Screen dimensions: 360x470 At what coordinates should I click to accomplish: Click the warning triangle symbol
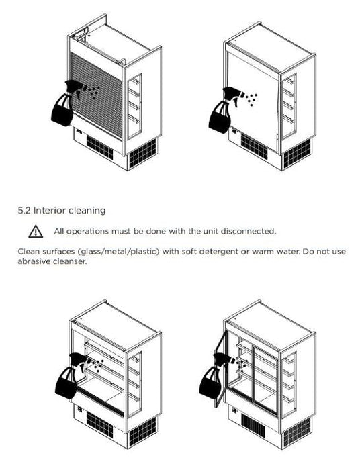(36, 232)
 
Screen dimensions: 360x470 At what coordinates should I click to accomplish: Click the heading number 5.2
(24, 210)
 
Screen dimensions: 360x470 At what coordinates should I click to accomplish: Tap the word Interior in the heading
(50, 210)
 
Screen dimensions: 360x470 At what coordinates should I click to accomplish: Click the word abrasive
(34, 261)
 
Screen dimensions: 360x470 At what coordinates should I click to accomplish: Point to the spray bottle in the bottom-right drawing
(214, 376)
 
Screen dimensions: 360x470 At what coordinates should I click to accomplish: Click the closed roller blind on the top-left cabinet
(97, 95)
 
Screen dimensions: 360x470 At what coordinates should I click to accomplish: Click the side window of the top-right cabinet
(289, 106)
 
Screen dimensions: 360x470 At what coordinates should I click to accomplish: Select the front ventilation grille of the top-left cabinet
(100, 148)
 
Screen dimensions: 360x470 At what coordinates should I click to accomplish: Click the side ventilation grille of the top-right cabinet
(297, 153)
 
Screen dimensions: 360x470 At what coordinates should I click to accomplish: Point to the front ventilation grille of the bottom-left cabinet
(100, 424)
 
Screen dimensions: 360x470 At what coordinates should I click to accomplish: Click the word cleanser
(70, 261)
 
